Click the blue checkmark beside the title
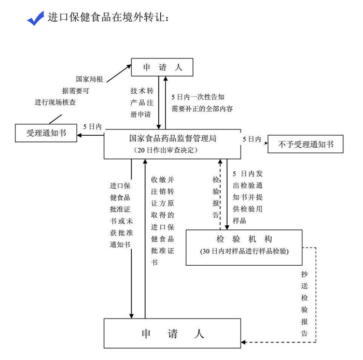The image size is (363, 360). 35,19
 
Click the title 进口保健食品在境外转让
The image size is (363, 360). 108,17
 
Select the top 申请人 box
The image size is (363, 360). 162,67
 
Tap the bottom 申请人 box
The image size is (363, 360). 172,333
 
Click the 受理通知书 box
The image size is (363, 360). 46,133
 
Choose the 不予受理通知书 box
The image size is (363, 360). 305,144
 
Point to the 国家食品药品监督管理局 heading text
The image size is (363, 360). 173,138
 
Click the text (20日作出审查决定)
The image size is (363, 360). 166,150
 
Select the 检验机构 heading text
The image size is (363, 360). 244,239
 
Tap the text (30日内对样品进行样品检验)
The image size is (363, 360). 244,251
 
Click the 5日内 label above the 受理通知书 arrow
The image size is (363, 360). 92,126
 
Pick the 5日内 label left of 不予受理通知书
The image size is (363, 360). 252,139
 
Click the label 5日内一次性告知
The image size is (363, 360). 198,97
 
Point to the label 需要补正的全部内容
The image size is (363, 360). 202,108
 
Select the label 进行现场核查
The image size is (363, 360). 55,102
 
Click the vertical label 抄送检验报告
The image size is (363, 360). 304,304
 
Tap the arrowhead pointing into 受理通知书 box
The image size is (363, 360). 79,135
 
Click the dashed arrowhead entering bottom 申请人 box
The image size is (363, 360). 243,342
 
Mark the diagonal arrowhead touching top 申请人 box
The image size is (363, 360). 129,67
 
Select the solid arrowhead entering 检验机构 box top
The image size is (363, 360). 227,227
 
